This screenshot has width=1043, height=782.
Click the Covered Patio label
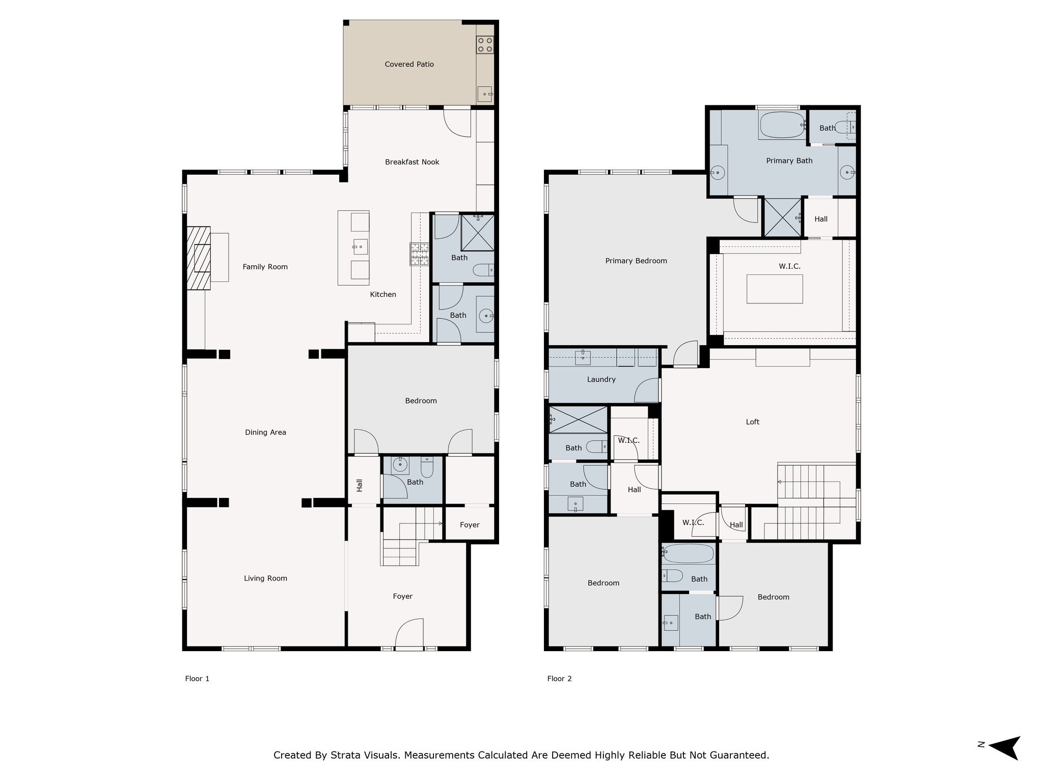pos(409,64)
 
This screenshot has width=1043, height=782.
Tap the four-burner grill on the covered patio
pos(484,45)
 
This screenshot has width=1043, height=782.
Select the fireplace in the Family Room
pos(198,258)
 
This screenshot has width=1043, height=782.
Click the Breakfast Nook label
pos(412,162)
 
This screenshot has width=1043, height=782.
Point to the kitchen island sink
pos(360,247)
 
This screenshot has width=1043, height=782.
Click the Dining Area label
pos(265,432)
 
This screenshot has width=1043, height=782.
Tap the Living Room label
pos(265,578)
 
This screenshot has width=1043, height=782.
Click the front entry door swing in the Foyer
pos(409,633)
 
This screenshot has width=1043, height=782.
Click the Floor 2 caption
pos(559,678)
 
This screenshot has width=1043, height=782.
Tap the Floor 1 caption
pos(197,678)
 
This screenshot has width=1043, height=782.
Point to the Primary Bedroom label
pos(636,261)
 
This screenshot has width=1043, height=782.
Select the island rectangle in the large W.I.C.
pos(774,289)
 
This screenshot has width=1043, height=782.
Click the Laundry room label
pos(601,379)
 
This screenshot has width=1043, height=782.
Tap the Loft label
pos(752,422)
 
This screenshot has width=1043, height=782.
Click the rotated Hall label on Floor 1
pos(360,485)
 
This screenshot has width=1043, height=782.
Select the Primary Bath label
pos(789,160)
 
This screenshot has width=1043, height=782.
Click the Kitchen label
pos(382,294)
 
